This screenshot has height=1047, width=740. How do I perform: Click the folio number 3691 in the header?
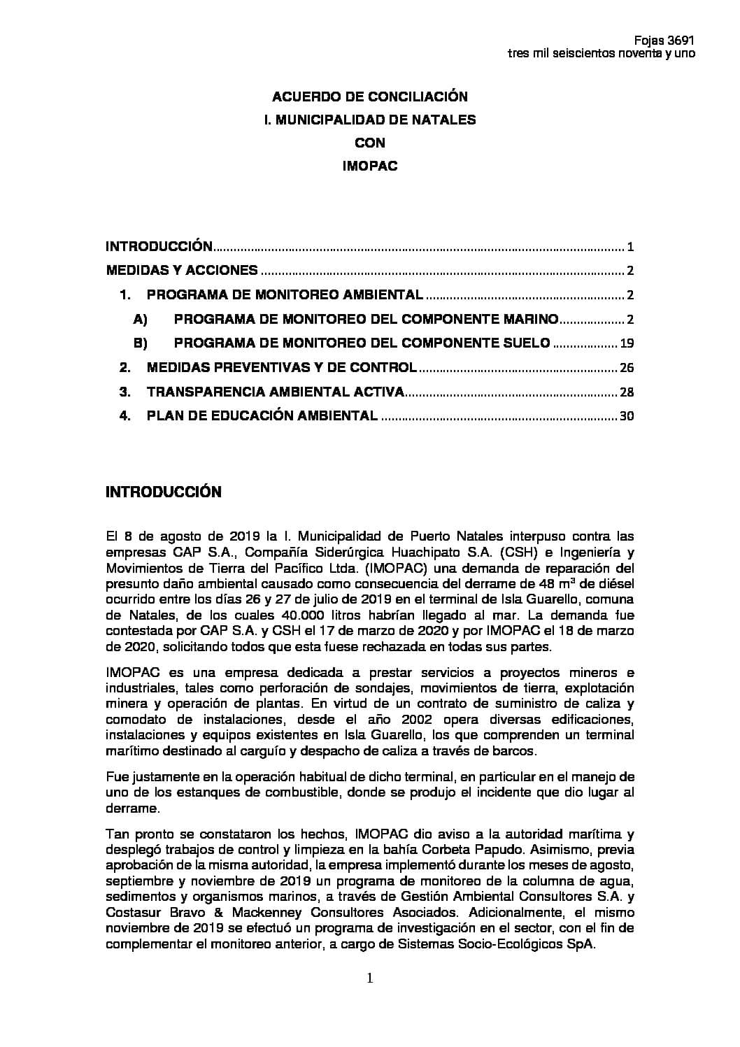pyautogui.click(x=682, y=41)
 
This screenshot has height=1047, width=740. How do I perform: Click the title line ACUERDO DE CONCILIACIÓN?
pyautogui.click(x=369, y=97)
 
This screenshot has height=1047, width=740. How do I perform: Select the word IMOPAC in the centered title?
pyautogui.click(x=369, y=166)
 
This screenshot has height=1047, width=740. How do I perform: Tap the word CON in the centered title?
pyautogui.click(x=369, y=143)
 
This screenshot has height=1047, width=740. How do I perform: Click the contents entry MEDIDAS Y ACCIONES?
pyautogui.click(x=182, y=271)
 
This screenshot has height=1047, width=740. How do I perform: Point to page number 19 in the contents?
pyautogui.click(x=627, y=343)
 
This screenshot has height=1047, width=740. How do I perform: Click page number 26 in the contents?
pyautogui.click(x=627, y=368)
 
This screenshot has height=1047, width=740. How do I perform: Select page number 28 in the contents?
pyautogui.click(x=627, y=392)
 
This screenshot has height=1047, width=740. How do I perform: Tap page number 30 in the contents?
pyautogui.click(x=627, y=416)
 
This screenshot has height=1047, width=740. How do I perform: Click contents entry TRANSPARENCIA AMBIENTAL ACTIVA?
pyautogui.click(x=275, y=392)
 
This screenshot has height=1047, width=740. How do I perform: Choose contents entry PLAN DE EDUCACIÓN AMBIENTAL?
pyautogui.click(x=262, y=416)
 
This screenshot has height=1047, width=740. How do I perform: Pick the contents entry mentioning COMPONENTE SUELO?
pyautogui.click(x=362, y=343)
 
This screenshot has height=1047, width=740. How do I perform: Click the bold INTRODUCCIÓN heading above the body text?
pyautogui.click(x=163, y=492)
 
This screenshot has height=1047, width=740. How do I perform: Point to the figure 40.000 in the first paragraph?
pyautogui.click(x=281, y=615)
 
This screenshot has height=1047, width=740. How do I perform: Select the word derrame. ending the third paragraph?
pyautogui.click(x=132, y=808)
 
